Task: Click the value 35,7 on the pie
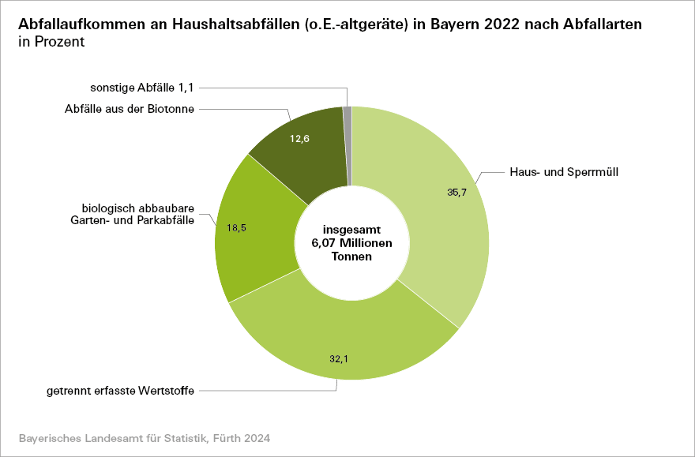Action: tap(457, 192)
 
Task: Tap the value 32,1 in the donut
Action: tap(339, 358)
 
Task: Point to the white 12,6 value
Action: tap(299, 139)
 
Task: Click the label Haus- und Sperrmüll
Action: tap(562, 171)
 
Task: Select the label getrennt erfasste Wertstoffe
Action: tap(121, 390)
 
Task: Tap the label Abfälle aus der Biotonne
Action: tap(130, 109)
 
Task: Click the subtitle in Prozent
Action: tap(51, 42)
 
